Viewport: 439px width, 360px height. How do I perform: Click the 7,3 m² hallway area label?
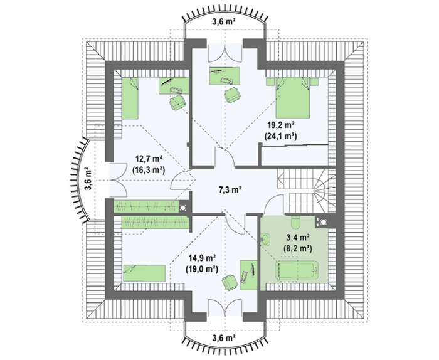[230, 190]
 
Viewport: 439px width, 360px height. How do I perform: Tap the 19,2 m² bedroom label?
[280, 125]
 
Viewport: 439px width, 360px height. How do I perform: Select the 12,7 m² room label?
[149, 159]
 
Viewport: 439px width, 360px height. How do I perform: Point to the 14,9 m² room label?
[201, 257]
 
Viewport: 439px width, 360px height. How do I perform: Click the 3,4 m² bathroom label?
[298, 238]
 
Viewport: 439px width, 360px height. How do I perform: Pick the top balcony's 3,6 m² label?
[223, 22]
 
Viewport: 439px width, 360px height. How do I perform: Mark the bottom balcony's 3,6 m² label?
[223, 338]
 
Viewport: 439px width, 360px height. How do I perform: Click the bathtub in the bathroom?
[297, 271]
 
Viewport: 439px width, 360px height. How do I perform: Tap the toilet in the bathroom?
[296, 222]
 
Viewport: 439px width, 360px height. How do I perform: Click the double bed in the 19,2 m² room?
[293, 98]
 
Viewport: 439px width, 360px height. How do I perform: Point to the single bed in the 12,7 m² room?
[130, 98]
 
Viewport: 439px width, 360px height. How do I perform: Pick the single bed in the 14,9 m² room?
[144, 273]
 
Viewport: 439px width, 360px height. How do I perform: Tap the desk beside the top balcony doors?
[225, 76]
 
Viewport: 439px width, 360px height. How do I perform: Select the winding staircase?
[307, 190]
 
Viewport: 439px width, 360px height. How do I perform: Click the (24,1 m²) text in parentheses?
[280, 136]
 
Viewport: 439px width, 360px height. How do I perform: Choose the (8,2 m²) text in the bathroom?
[298, 248]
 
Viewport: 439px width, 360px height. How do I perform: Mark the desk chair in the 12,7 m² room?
[177, 102]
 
